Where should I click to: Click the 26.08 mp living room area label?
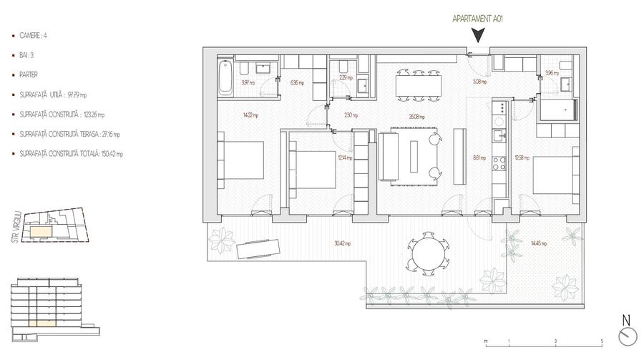417,117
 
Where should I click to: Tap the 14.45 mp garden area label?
539,243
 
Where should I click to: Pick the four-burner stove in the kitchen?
499,108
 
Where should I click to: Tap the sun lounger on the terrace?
258,248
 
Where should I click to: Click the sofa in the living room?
390,155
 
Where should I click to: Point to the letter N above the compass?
625,320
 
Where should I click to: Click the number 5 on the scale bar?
602,341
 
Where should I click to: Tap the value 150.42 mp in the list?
111,154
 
